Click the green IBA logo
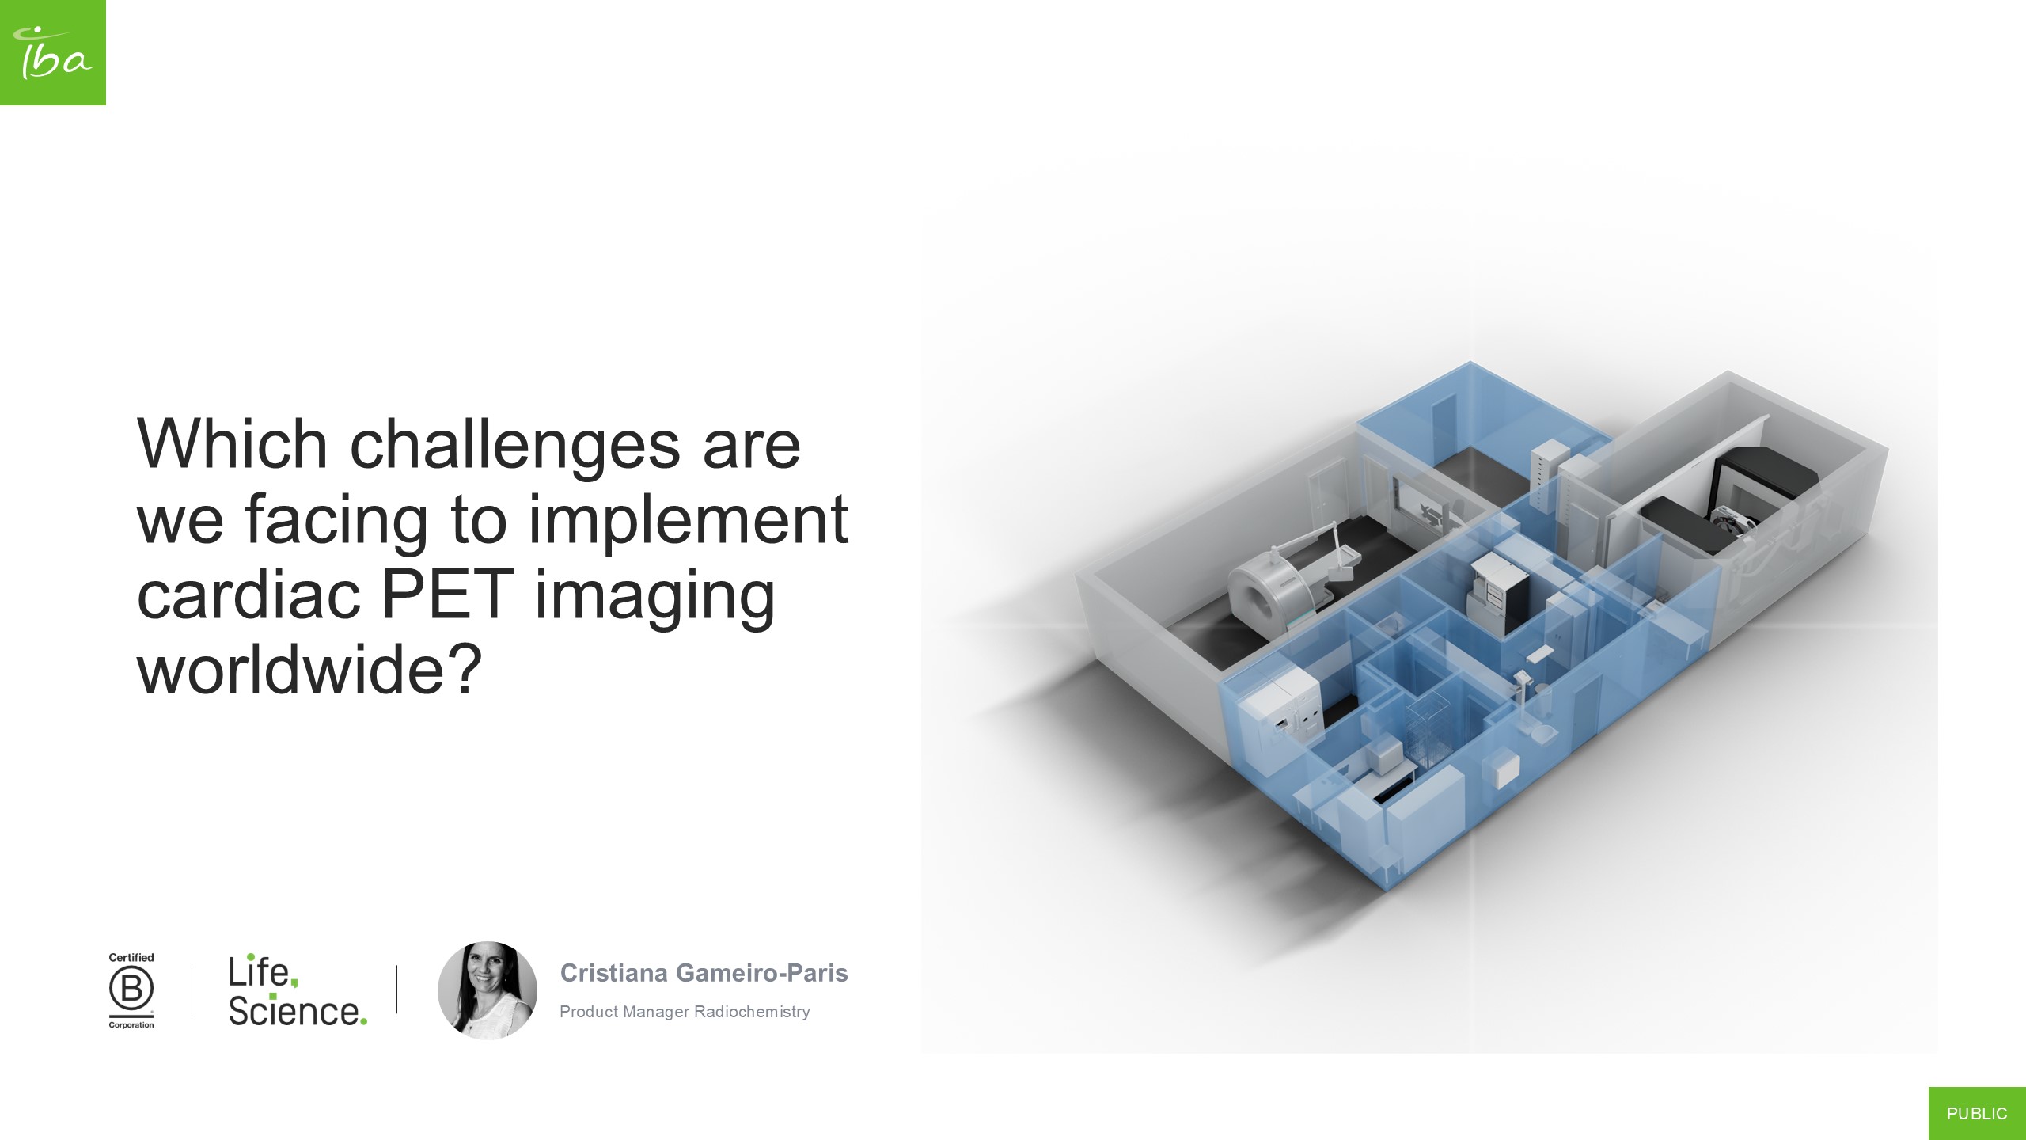[52, 52]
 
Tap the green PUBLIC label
[1977, 1113]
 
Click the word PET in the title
[447, 594]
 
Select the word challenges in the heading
[514, 445]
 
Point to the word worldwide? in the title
[309, 670]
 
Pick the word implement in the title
[688, 519]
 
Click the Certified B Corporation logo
[131, 990]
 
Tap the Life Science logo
[298, 991]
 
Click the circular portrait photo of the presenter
[488, 990]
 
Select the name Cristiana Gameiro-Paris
[704, 973]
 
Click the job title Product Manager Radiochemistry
[685, 1012]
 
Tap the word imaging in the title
[654, 595]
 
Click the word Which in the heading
[232, 445]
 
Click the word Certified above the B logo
[131, 957]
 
